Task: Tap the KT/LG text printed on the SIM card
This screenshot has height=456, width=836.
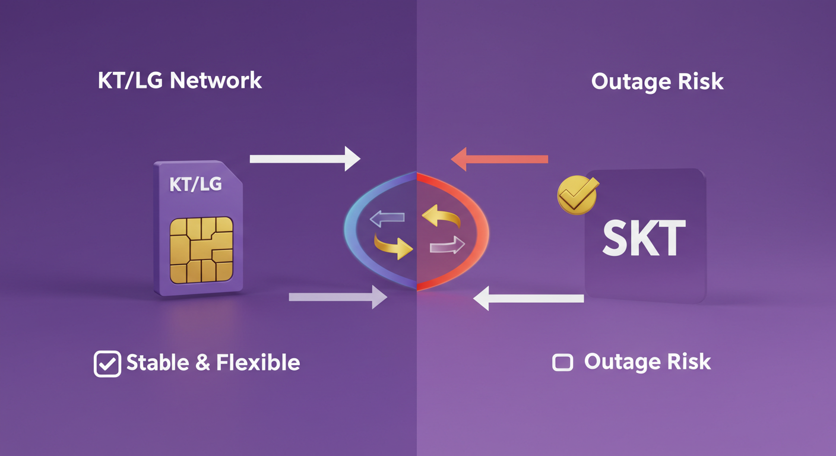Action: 195,184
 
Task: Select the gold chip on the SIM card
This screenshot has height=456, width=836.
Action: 201,249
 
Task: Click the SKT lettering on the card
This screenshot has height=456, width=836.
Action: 644,239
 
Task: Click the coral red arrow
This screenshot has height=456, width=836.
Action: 499,159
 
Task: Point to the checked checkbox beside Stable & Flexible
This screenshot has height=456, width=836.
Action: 107,364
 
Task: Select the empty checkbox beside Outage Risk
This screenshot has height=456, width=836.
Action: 563,363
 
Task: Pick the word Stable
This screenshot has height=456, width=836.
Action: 158,362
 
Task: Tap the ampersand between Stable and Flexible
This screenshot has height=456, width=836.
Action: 203,363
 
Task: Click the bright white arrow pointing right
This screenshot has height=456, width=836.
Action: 305,159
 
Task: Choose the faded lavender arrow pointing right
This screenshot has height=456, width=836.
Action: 338,296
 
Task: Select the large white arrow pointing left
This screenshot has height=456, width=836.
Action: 528,297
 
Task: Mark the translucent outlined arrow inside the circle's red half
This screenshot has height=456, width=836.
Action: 446,245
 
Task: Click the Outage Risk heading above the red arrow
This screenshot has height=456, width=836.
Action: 657,81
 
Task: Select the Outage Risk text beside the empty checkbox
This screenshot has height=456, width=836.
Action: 647,362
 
